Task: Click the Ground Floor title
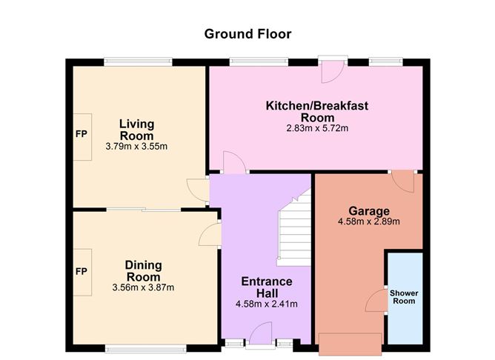(x=247, y=33)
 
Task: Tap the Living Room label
(x=136, y=130)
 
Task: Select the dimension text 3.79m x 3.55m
(x=136, y=147)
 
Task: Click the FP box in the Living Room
(x=82, y=136)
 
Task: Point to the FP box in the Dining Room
(x=82, y=271)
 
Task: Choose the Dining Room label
(x=143, y=270)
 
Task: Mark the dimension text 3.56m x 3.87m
(x=142, y=287)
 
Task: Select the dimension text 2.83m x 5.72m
(x=316, y=128)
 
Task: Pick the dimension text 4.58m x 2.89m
(x=368, y=221)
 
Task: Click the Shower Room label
(x=404, y=297)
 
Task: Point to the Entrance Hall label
(x=267, y=287)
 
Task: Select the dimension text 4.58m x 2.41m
(x=266, y=304)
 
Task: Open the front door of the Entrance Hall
(x=260, y=336)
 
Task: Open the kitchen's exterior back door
(x=330, y=70)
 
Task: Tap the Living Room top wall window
(x=138, y=62)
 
